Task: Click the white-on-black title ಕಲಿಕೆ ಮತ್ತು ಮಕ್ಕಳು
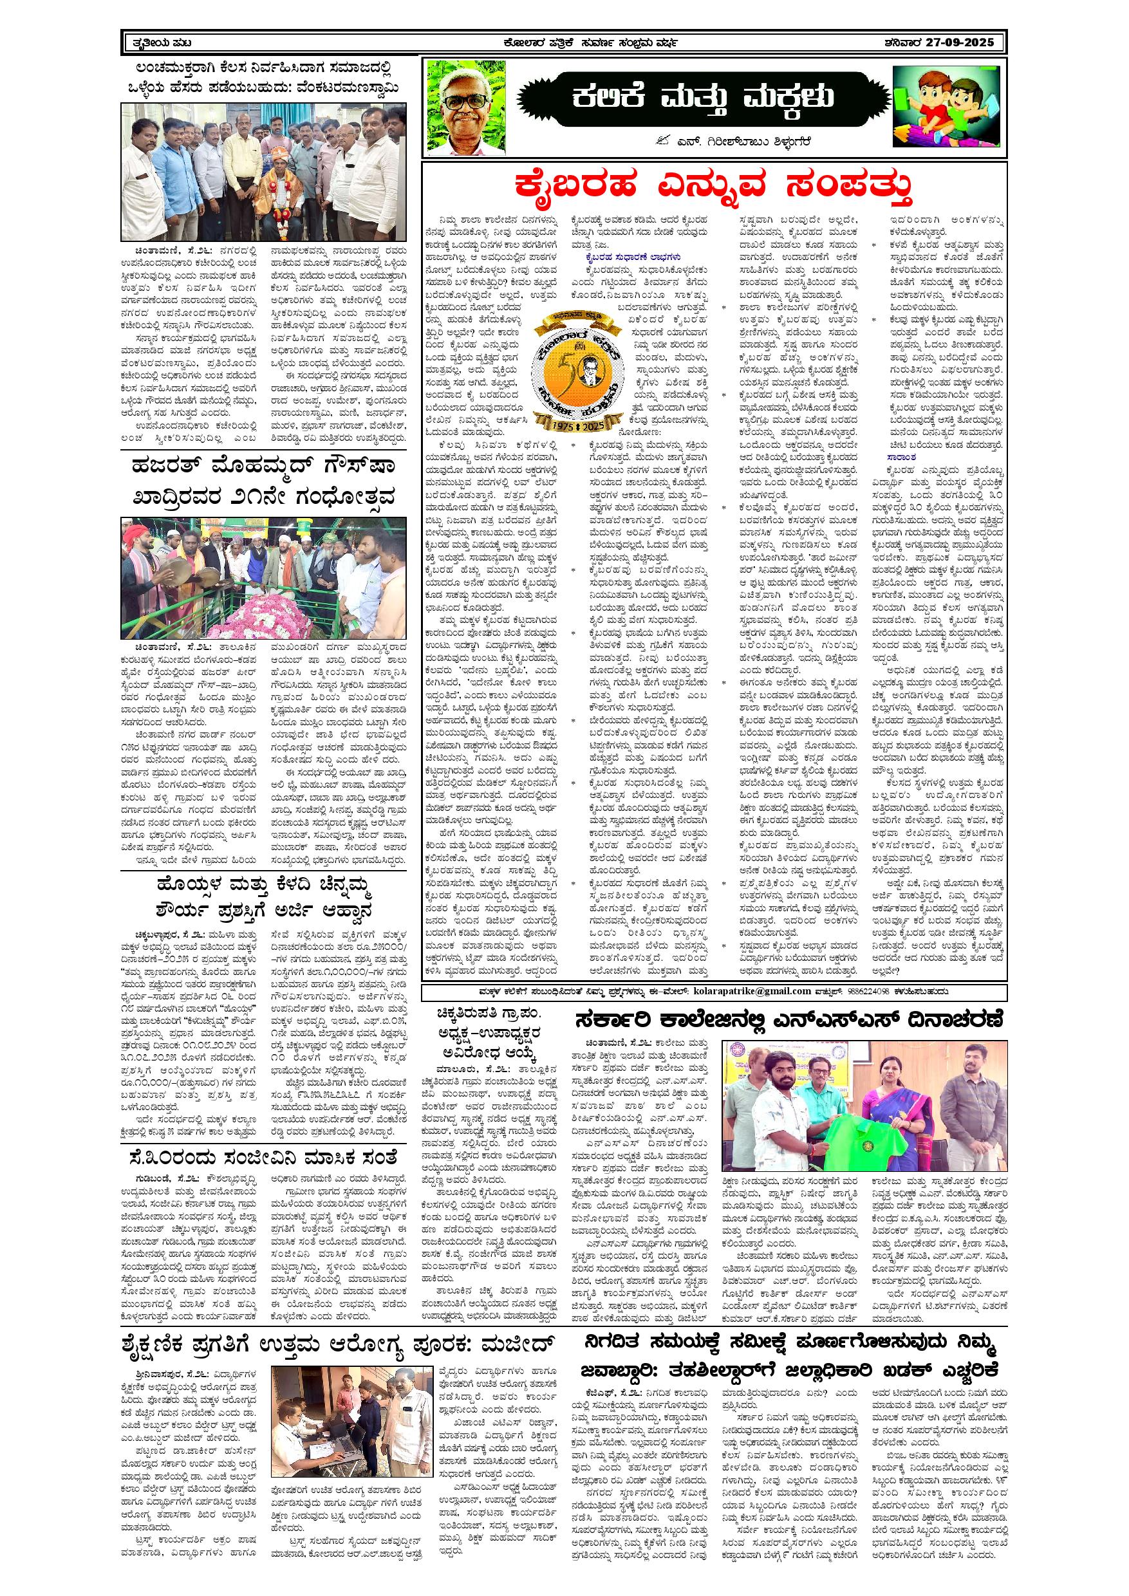(x=704, y=98)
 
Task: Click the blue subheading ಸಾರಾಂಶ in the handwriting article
(x=901, y=458)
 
